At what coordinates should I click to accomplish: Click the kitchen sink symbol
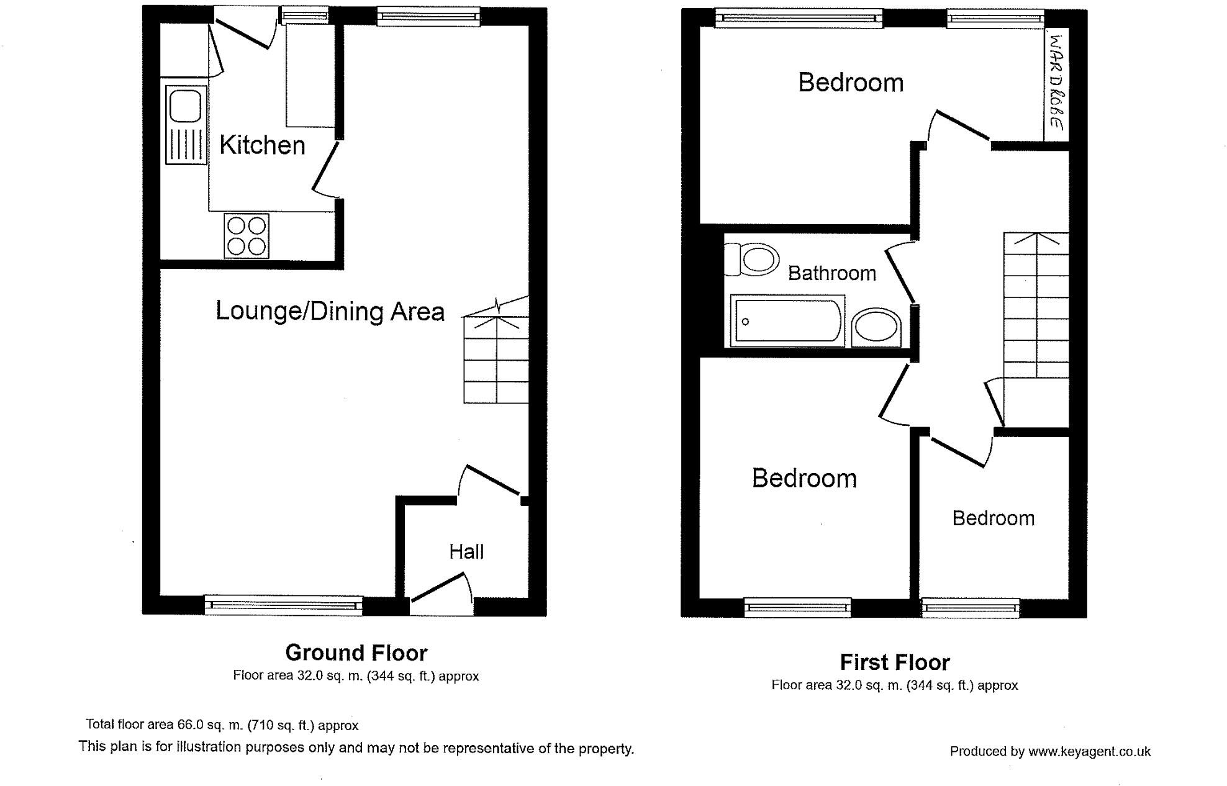186,125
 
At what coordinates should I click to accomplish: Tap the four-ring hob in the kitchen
247,236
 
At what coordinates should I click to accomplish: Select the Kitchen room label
262,145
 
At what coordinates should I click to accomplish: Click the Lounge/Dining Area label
330,312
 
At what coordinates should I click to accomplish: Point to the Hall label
466,552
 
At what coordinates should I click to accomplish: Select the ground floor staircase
496,360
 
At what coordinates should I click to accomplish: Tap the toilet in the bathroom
753,260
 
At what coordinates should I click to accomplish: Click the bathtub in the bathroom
787,321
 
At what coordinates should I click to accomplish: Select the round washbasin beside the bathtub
876,327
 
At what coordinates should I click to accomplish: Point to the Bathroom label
831,273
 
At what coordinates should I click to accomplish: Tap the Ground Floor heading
356,653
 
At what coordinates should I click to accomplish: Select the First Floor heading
894,662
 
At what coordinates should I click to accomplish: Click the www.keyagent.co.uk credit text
1050,752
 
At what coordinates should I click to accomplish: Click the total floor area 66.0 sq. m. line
222,725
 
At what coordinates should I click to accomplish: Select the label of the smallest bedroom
993,518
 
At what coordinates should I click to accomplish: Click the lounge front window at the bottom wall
283,605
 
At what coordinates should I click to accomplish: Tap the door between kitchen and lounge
325,168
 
